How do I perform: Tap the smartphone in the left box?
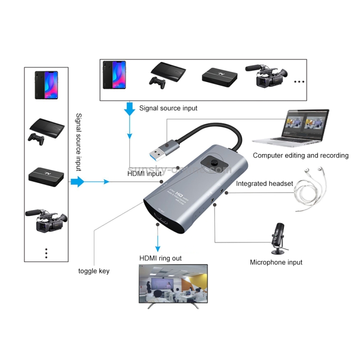[x=46, y=85]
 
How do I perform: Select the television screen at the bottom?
[x=173, y=286]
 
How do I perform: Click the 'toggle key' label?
[x=94, y=271]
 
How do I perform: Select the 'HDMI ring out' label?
[x=160, y=259]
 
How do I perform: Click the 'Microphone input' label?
[x=276, y=263]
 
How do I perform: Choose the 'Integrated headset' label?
[x=264, y=183]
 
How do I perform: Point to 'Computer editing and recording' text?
[x=300, y=156]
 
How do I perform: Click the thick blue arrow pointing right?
[x=78, y=182]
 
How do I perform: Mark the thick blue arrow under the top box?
[x=129, y=108]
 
